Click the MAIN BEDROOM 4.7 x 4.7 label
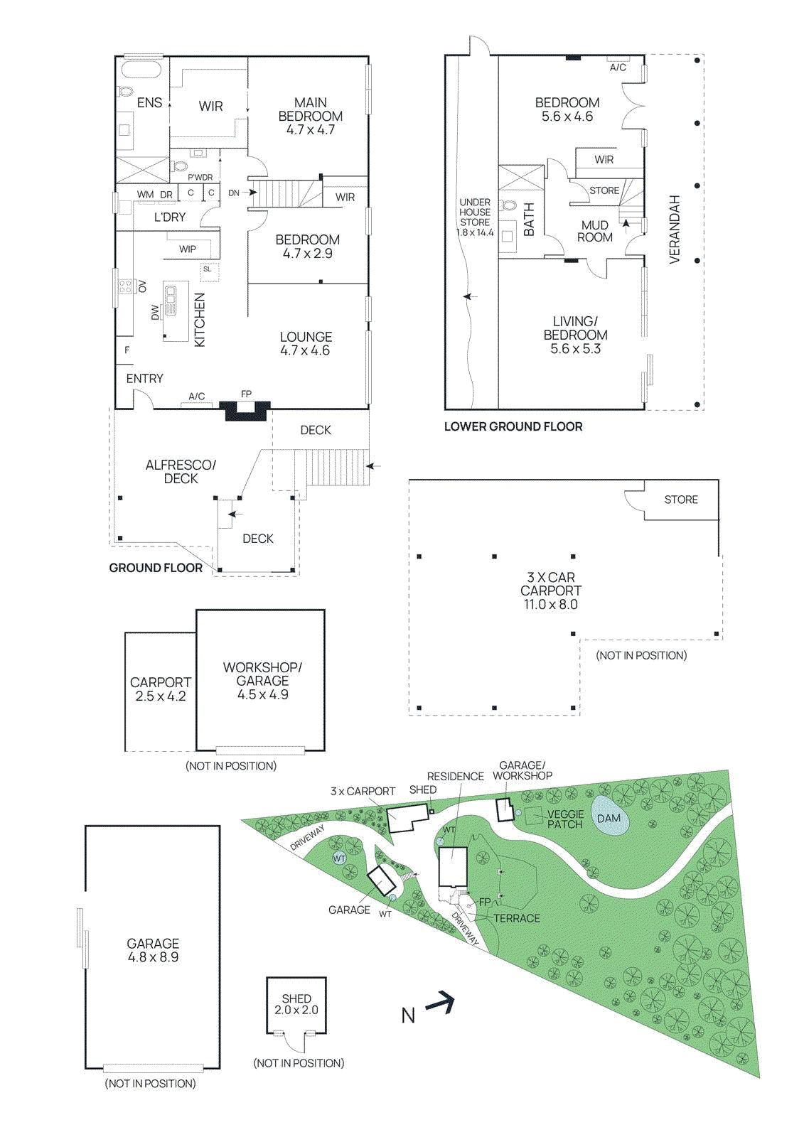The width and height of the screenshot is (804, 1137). (x=310, y=116)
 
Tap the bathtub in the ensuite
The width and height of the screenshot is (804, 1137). (x=141, y=70)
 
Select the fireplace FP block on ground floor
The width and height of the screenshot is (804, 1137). (x=245, y=410)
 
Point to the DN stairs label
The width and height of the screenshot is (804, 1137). (x=233, y=193)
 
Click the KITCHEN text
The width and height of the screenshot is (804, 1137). (x=200, y=320)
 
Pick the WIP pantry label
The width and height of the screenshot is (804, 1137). (x=188, y=249)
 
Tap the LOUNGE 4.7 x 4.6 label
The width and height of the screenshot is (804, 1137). (x=306, y=343)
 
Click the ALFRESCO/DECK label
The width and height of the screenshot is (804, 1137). (x=181, y=471)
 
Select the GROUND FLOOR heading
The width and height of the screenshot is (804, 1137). (x=156, y=568)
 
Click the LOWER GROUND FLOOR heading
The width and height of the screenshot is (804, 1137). (x=513, y=426)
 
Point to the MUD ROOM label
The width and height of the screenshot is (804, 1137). (x=595, y=231)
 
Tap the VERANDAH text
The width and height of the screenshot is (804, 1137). (x=675, y=230)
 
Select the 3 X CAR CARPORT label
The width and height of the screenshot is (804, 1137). (x=551, y=591)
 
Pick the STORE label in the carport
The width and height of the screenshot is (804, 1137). (x=681, y=500)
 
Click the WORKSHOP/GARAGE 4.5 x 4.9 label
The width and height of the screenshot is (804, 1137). (x=262, y=681)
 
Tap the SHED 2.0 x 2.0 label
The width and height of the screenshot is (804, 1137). (x=296, y=1004)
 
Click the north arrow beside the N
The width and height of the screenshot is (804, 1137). (x=441, y=1003)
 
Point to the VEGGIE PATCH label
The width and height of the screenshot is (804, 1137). (x=565, y=819)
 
